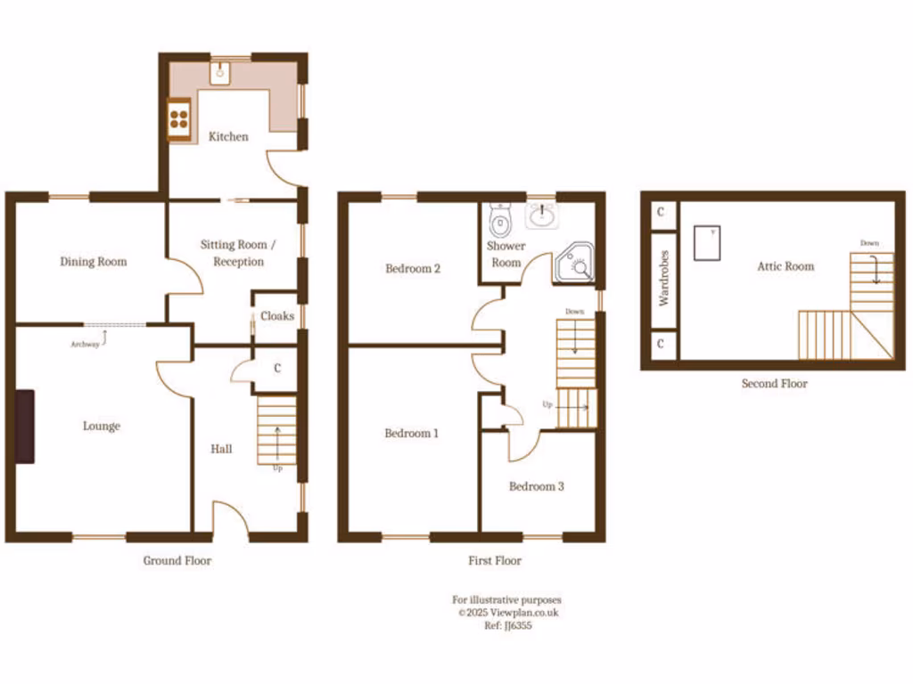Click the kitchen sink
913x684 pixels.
coord(220,74)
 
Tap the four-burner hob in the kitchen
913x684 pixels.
coord(178,118)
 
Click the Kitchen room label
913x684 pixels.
coord(228,136)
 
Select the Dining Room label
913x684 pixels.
coord(94,261)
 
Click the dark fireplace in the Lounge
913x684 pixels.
coord(24,426)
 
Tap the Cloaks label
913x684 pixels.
coord(277,316)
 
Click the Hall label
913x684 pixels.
coord(221,449)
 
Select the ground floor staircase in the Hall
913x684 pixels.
coord(276,431)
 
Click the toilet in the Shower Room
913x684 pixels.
coord(502,218)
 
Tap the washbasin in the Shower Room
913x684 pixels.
coord(542,215)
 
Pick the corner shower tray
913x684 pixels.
coord(574,264)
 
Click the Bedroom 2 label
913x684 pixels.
coord(413,268)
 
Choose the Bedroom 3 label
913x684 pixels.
coord(536,486)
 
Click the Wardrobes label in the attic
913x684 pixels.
coord(664,278)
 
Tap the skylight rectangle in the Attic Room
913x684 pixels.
coord(707,242)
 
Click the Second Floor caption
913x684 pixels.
coord(774,384)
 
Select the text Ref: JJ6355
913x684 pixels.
coord(507,625)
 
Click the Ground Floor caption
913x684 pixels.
coord(177,560)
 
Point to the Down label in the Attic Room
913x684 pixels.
coord(869,243)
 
